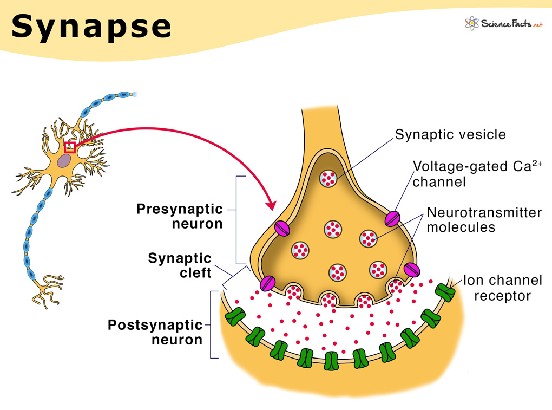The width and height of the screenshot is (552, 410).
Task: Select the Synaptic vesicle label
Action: [x=450, y=134]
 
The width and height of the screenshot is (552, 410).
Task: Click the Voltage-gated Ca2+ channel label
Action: [x=476, y=173]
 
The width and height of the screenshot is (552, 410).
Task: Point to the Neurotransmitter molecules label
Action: [x=483, y=219]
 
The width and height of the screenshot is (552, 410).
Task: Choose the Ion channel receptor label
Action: [x=502, y=288]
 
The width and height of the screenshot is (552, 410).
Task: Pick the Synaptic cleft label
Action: [x=180, y=265]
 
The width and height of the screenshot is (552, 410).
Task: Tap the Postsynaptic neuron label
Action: [x=155, y=332]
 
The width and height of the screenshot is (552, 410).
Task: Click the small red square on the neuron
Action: [x=70, y=147]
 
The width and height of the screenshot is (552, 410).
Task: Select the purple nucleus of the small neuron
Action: [x=65, y=160]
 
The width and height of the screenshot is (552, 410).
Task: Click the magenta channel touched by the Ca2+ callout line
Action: [x=392, y=218]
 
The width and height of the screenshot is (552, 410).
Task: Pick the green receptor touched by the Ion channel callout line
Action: [x=446, y=292]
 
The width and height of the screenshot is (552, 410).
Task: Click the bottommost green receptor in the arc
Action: [x=331, y=360]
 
